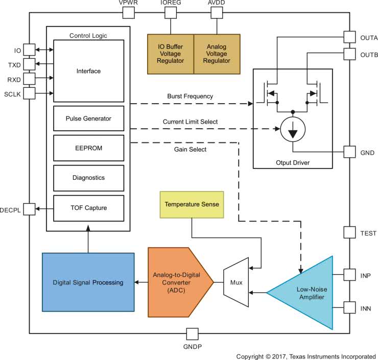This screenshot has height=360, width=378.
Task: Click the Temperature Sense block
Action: pos(192,204)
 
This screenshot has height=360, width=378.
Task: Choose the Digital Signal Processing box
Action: pos(88,282)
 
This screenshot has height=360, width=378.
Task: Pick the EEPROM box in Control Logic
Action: pos(88,148)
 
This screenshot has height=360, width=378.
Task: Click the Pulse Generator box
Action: pos(88,118)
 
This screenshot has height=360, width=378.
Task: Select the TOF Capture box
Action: pos(88,208)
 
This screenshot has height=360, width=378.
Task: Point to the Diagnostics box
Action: pos(88,178)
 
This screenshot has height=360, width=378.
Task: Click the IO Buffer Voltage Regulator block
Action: pos(171,54)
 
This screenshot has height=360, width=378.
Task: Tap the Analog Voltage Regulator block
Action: pos(217,54)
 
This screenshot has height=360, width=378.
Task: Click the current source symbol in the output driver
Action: pos(293,132)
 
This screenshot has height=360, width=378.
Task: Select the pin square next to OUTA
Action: pos(350,37)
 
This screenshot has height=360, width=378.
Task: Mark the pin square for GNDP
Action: pos(192,334)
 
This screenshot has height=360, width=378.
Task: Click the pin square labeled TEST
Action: pos(350,232)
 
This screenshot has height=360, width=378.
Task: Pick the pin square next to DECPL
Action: pos(29,208)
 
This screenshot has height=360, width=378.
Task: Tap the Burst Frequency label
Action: pos(190,96)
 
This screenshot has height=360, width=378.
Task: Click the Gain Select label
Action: pos(191,150)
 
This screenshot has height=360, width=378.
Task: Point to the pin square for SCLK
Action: pos(29,93)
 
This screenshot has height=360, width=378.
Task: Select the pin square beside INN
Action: pos(350,308)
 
